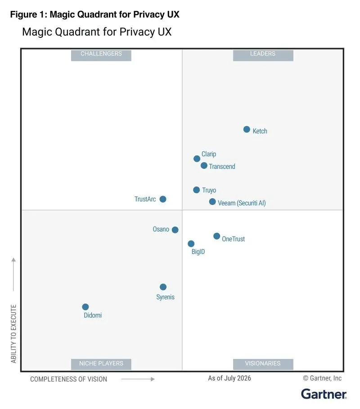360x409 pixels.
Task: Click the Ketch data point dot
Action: [247, 129]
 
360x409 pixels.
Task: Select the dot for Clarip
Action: [197, 159]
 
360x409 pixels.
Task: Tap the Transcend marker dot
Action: [204, 166]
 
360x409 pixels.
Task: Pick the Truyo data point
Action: [196, 190]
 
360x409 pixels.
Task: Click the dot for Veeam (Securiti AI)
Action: [212, 202]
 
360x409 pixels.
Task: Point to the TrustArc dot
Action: [162, 199]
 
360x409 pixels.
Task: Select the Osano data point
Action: [175, 230]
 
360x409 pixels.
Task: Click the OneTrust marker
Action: [216, 236]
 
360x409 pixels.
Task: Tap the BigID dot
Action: [191, 244]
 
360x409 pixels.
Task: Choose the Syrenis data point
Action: [163, 287]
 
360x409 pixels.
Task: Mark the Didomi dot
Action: [85, 307]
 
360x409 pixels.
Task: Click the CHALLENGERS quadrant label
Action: [101, 55]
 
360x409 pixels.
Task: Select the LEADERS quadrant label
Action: [263, 55]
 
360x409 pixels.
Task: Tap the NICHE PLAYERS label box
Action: [101, 364]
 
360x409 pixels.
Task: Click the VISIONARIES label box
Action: [263, 364]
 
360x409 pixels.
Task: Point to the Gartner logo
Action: [324, 394]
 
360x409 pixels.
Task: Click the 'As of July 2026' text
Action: [229, 378]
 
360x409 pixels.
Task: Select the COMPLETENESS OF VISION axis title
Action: [68, 379]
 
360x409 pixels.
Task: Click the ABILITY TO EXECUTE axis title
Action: [13, 334]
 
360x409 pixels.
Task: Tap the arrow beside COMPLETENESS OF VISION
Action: [138, 379]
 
